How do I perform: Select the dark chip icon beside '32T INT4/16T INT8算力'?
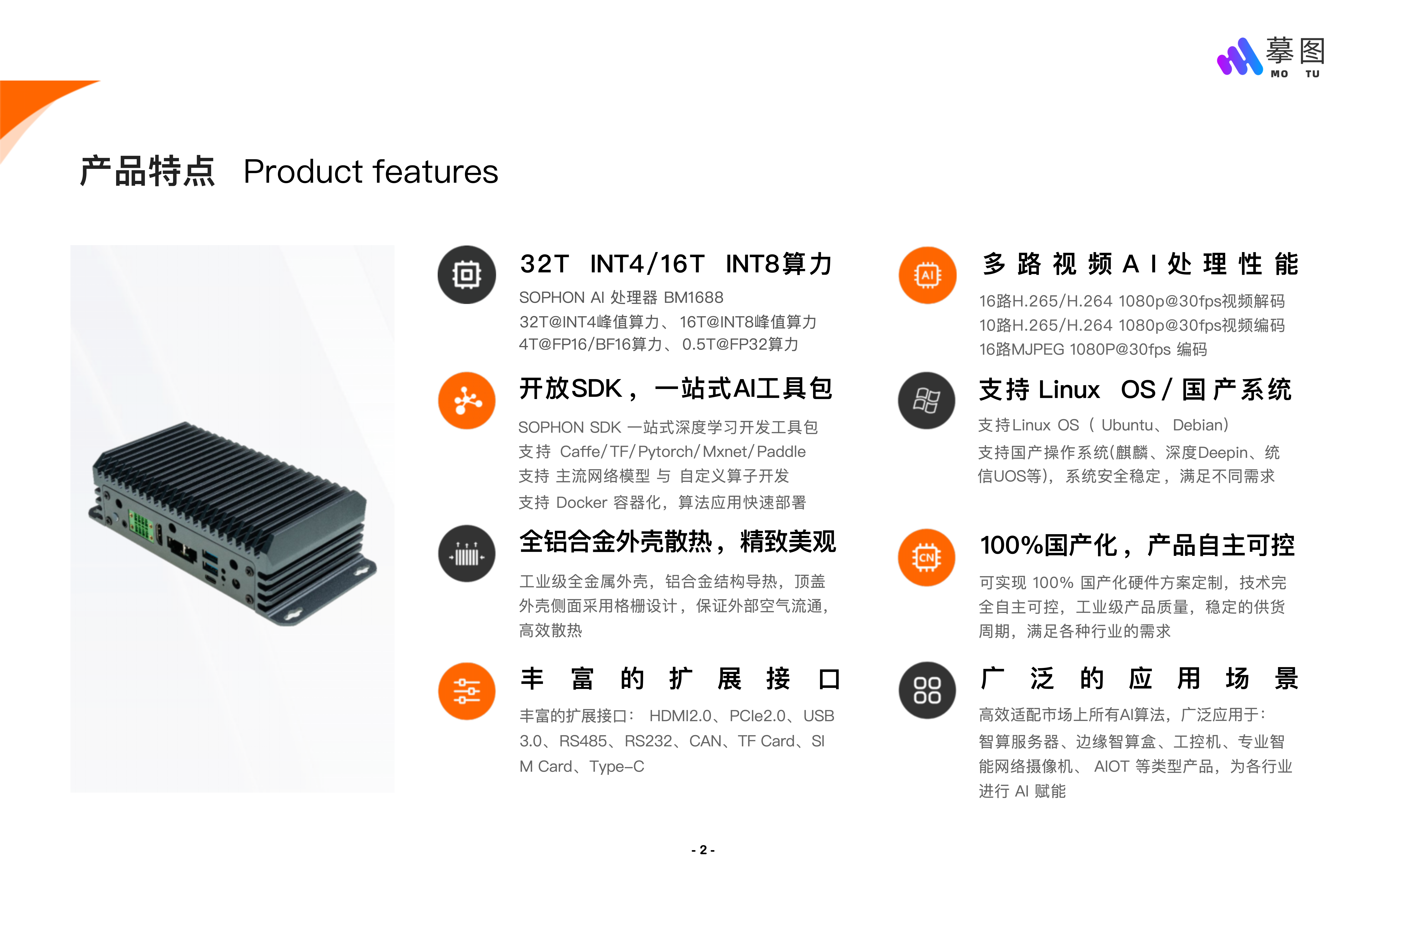coord(466,275)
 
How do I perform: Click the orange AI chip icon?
coord(927,275)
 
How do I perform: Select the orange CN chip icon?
coord(926,557)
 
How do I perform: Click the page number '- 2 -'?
coord(703,850)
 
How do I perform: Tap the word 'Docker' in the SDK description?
coord(581,502)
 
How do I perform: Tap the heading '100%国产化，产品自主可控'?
coord(1136,545)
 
